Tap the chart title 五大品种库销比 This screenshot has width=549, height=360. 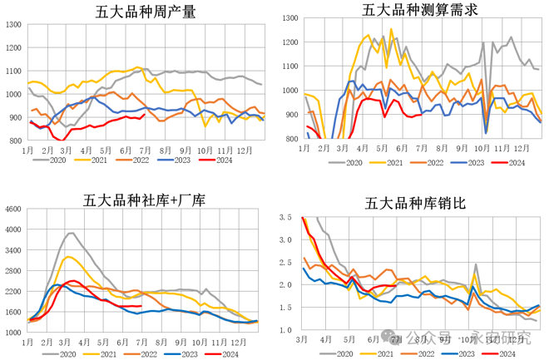click(414, 203)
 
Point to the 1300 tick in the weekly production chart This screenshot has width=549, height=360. click(14, 25)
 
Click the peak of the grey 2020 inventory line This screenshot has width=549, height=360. click(71, 233)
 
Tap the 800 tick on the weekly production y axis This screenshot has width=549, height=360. click(17, 141)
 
